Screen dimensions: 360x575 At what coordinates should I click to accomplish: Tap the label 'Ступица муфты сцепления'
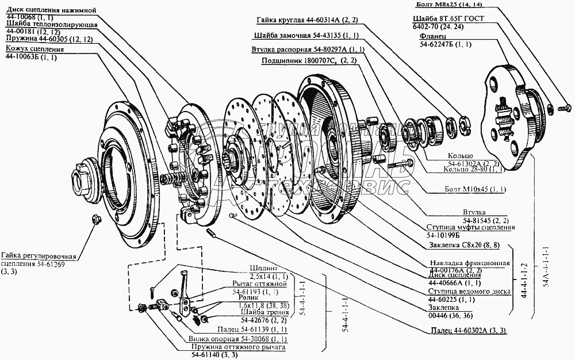470,227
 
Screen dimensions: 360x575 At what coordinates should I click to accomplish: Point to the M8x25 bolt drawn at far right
565,106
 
